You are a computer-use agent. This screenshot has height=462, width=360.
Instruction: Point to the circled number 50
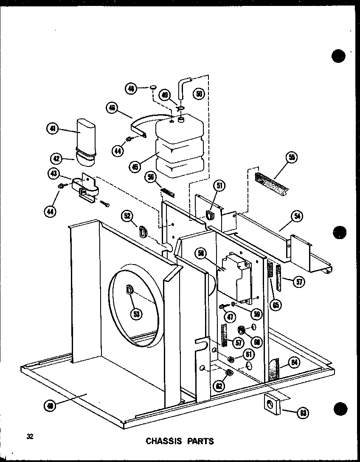[x=199, y=94]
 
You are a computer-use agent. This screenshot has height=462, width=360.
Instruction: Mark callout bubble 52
[x=127, y=216]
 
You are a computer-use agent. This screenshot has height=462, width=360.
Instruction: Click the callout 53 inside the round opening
[x=137, y=314]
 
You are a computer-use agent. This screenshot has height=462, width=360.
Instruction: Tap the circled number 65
[x=277, y=304]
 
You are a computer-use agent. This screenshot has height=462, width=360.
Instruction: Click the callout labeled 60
[x=256, y=341]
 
